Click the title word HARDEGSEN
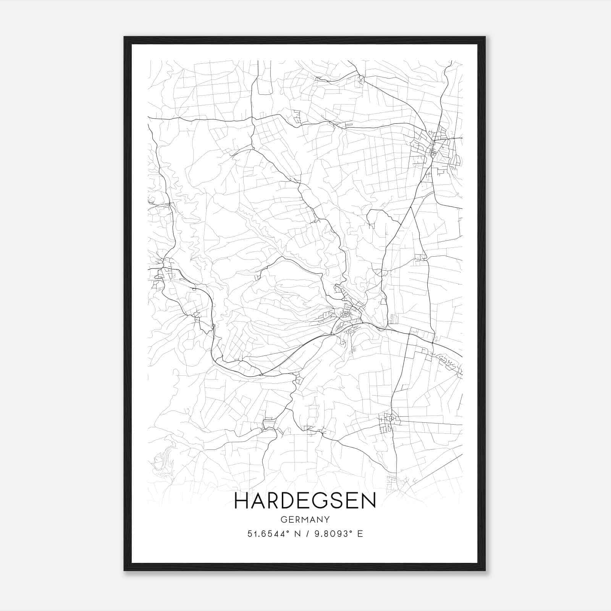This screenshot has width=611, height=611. click(x=305, y=501)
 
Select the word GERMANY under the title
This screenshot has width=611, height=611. click(x=305, y=519)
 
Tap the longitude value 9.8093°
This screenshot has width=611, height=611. click(x=331, y=534)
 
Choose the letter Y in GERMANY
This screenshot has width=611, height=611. click(x=327, y=519)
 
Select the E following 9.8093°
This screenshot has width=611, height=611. click(x=360, y=534)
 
